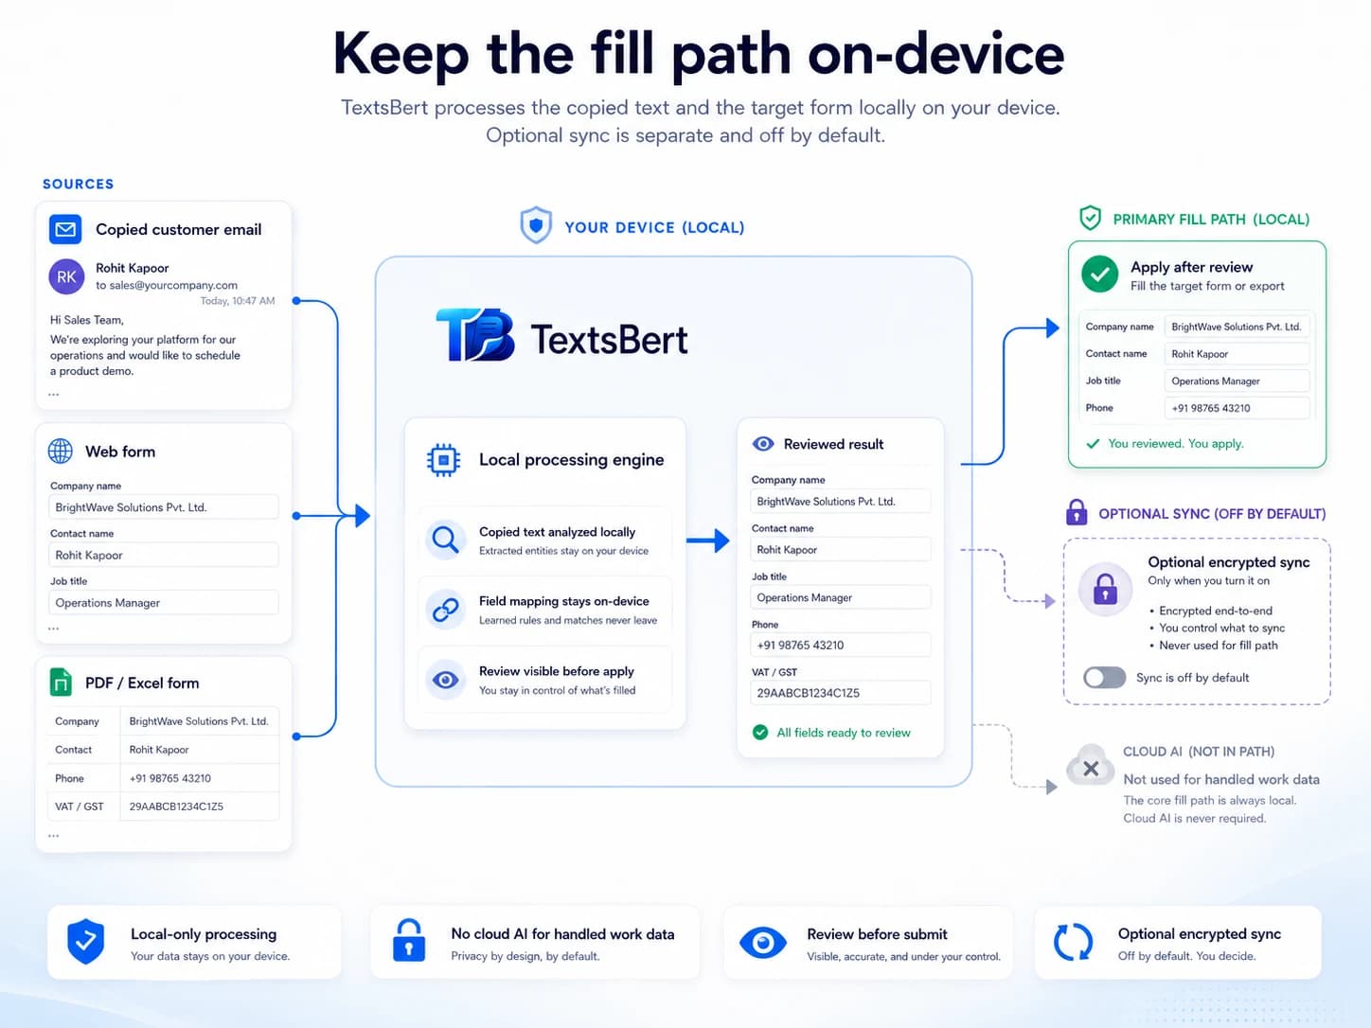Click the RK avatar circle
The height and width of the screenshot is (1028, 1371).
[x=66, y=276]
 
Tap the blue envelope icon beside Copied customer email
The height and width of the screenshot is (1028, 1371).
[x=65, y=230]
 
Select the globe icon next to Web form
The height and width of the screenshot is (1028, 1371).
[x=61, y=451]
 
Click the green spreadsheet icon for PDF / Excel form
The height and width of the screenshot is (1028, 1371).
[x=61, y=682]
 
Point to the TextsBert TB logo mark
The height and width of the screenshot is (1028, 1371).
[x=475, y=334]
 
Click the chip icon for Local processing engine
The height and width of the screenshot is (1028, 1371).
[x=443, y=460]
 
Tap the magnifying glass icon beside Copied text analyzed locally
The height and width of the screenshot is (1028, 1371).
[x=445, y=540]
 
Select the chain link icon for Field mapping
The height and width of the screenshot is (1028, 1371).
[x=445, y=610]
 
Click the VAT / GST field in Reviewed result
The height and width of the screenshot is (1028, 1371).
[x=840, y=693]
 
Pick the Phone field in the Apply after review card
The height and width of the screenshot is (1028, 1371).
[x=1237, y=408]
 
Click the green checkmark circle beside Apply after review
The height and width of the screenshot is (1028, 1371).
[x=1100, y=274]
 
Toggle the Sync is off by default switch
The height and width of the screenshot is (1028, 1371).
[x=1104, y=677]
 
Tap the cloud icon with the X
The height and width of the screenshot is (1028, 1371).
[x=1091, y=766]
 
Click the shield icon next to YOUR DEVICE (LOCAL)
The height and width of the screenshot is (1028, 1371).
[x=536, y=224]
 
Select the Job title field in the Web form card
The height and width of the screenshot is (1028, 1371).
[x=163, y=602]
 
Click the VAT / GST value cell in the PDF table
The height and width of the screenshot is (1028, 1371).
[x=200, y=806]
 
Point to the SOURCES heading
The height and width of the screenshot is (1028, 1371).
[x=78, y=184]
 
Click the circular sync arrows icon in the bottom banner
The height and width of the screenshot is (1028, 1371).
[x=1073, y=941]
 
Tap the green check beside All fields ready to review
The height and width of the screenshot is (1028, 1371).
[x=760, y=732]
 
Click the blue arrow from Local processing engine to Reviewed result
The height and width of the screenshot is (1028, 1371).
[x=707, y=541]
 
